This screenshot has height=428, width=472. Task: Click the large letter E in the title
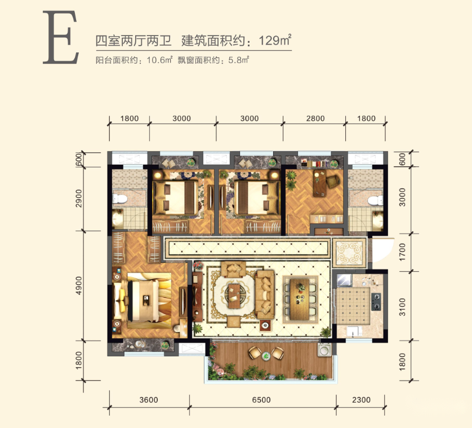tap(61, 37)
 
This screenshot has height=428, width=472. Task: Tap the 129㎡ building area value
tap(275, 40)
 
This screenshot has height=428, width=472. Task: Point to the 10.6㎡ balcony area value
tap(159, 60)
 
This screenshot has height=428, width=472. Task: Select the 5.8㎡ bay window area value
tap(239, 60)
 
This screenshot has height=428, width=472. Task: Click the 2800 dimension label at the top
tap(315, 118)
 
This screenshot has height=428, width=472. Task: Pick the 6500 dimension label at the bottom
tap(261, 400)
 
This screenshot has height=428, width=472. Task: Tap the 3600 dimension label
tap(149, 400)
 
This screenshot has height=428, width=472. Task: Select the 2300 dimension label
tap(361, 400)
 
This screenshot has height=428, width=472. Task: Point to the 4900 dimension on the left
tap(78, 285)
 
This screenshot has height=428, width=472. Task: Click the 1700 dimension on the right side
tap(402, 252)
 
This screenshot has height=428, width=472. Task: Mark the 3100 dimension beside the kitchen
tap(402, 307)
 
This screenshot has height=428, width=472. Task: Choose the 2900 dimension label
tap(78, 198)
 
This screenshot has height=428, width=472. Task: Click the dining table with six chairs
tap(300, 299)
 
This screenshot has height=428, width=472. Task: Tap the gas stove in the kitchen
tap(376, 302)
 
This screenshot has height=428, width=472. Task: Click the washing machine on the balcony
tap(324, 350)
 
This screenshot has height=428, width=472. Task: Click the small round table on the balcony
tap(266, 356)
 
